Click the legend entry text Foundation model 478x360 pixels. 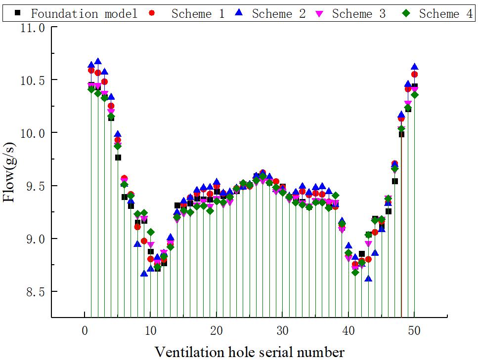84,13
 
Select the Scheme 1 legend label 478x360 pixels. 198,13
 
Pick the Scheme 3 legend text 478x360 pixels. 358,13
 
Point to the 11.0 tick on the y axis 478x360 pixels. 32,27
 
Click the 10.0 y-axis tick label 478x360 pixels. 32,133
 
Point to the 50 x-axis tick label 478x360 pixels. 414,330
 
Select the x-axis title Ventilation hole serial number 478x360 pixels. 249,352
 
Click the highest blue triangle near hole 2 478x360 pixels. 98,62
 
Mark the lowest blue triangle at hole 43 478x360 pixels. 368,279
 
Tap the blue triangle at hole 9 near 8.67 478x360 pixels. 144,273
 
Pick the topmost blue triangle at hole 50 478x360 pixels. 414,67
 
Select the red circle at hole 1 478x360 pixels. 91,71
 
